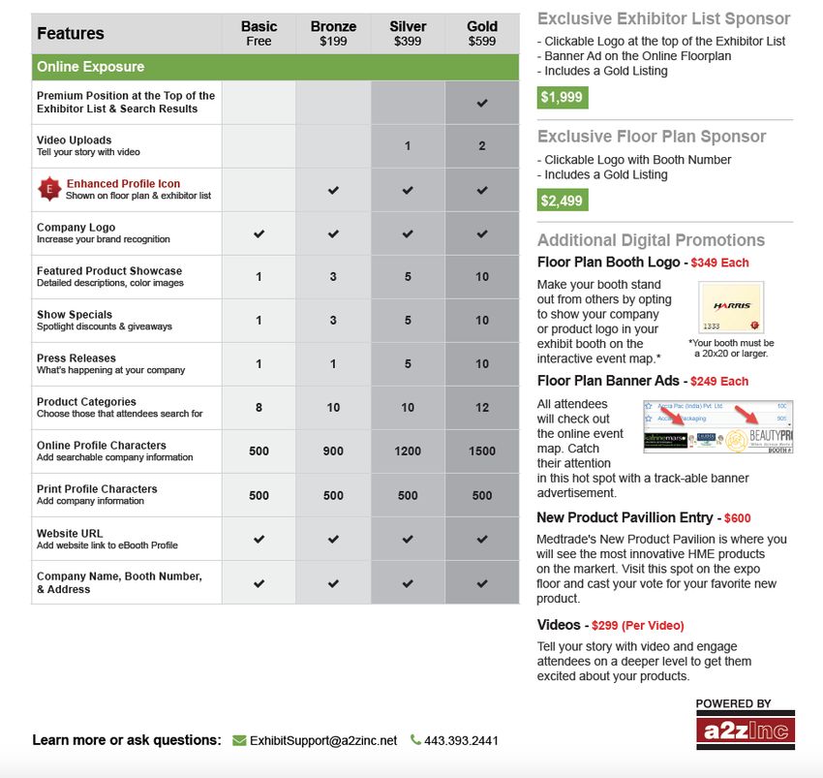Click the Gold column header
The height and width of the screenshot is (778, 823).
pyautogui.click(x=481, y=33)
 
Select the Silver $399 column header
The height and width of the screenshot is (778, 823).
pyautogui.click(x=408, y=33)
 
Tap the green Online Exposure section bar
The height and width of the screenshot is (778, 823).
pyautogui.click(x=275, y=67)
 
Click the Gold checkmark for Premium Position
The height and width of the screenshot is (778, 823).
pyautogui.click(x=482, y=103)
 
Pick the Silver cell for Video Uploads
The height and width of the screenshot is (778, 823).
pyautogui.click(x=408, y=146)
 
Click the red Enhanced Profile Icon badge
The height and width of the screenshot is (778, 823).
pyautogui.click(x=48, y=189)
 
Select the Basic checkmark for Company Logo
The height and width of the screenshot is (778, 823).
pyautogui.click(x=259, y=233)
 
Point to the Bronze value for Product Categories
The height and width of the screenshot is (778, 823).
pyautogui.click(x=333, y=408)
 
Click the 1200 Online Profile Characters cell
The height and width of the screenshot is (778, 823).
pyautogui.click(x=408, y=451)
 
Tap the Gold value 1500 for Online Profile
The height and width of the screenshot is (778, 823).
pyautogui.click(x=482, y=451)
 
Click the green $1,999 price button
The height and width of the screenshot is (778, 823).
pyautogui.click(x=563, y=97)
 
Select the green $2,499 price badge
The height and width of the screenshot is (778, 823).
pyautogui.click(x=563, y=201)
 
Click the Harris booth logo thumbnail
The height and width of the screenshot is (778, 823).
pyautogui.click(x=731, y=308)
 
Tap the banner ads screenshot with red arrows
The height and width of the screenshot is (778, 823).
pyautogui.click(x=718, y=426)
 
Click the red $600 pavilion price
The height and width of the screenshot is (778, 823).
pyautogui.click(x=737, y=518)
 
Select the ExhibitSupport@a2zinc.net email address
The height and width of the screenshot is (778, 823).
pyautogui.click(x=323, y=740)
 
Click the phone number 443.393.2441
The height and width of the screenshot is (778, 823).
pyautogui.click(x=461, y=740)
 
